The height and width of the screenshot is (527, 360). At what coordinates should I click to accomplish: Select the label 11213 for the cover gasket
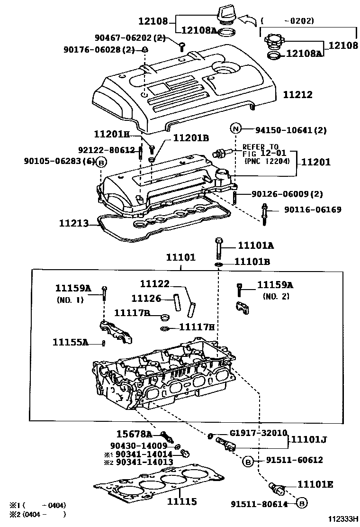(x=74, y=223)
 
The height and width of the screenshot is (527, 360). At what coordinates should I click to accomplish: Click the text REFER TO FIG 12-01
(x=261, y=150)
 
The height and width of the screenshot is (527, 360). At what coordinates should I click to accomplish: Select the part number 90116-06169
(x=312, y=209)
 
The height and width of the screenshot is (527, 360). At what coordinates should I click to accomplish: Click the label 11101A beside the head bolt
(x=256, y=245)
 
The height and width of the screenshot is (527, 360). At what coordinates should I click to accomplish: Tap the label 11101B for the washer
(x=253, y=261)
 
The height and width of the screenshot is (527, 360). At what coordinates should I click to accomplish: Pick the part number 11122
(x=154, y=284)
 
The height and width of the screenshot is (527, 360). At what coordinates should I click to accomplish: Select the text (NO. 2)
(x=276, y=297)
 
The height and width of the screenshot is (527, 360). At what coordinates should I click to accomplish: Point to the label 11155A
(x=70, y=342)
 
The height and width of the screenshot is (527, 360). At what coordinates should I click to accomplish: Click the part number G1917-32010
(x=259, y=433)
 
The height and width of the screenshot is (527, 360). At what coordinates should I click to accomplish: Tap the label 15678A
(x=134, y=434)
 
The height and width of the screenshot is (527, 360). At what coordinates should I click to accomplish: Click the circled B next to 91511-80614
(x=302, y=503)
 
